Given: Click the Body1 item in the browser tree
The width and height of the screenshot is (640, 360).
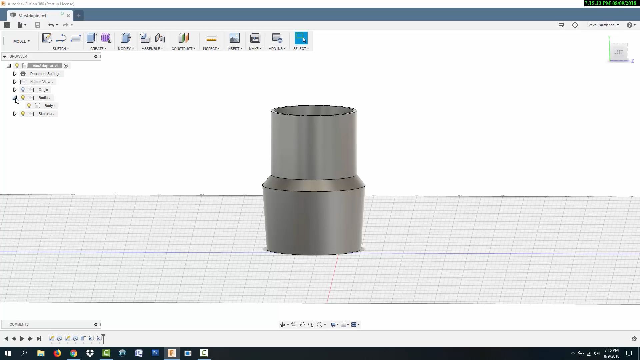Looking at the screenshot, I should (x=49, y=106).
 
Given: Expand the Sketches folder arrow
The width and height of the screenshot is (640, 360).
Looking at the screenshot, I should (x=15, y=114).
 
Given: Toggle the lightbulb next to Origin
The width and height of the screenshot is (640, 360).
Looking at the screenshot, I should (x=23, y=90).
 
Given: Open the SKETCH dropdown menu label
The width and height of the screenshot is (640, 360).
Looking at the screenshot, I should (x=61, y=49).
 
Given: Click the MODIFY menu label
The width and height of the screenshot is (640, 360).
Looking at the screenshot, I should (x=126, y=49).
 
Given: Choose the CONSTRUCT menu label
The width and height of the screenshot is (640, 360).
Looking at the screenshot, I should (x=183, y=49).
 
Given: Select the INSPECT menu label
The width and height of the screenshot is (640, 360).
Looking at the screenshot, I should (x=211, y=49).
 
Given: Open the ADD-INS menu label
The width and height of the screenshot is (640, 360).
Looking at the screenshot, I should (x=277, y=49).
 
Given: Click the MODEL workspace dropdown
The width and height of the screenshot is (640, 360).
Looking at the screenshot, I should (x=21, y=41).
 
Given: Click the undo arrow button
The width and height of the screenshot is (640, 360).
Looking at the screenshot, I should (x=51, y=25).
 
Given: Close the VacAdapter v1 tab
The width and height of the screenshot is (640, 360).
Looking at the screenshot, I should (x=68, y=16).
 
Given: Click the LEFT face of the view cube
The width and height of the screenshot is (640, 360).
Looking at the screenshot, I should (x=618, y=52).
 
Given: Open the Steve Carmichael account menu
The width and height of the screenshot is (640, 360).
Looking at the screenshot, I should (x=603, y=25).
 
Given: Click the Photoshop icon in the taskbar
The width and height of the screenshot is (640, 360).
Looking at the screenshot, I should (x=155, y=353).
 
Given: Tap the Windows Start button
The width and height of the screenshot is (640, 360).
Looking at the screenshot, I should (x=8, y=353).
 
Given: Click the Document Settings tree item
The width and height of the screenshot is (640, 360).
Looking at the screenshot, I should (x=45, y=74).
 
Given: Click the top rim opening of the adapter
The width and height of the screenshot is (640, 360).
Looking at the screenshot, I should (x=314, y=110).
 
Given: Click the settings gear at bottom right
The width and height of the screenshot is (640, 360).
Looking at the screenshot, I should (x=634, y=339).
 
